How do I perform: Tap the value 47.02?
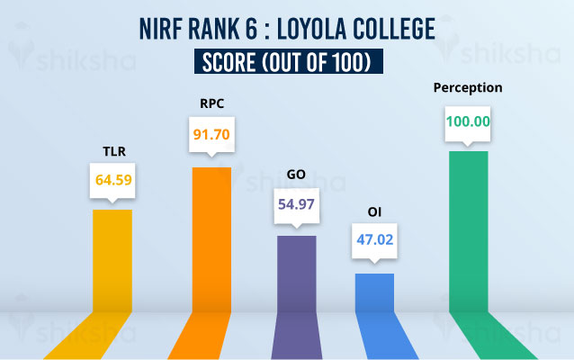[374, 241]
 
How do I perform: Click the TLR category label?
[112, 151]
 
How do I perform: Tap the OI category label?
[374, 212]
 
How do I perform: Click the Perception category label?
[468, 88]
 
